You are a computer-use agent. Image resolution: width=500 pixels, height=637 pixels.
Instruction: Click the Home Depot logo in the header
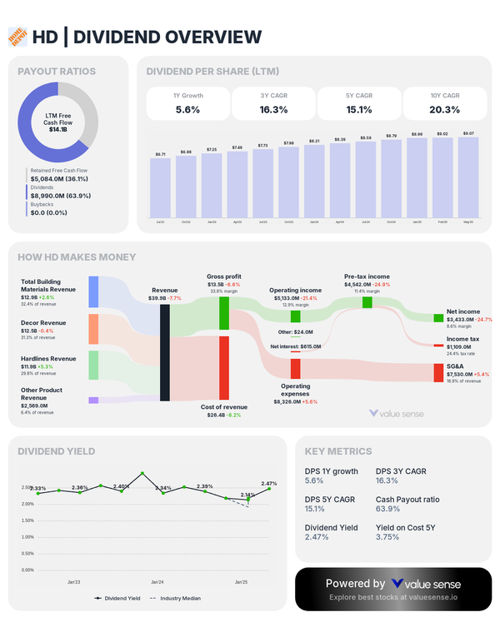click(17, 36)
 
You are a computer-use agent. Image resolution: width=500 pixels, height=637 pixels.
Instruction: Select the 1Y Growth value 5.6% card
click(188, 103)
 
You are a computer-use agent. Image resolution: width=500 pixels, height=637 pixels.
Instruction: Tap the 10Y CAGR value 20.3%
click(444, 109)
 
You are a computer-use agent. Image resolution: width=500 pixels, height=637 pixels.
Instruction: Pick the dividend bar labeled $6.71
click(160, 187)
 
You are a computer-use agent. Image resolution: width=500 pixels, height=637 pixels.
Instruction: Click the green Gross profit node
click(224, 313)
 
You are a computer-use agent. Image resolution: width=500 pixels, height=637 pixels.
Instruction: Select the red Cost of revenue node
click(224, 367)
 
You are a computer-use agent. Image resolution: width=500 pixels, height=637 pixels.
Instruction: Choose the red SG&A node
click(438, 372)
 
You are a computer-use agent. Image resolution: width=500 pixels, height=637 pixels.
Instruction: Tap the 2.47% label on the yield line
click(268, 484)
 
